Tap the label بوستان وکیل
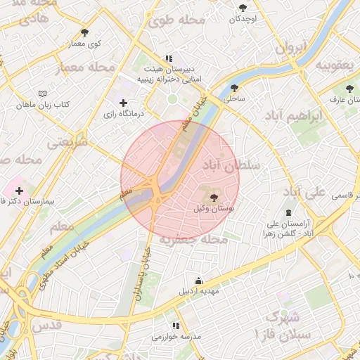coord(213,210)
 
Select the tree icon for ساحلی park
coord(234,88)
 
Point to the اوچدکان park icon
coord(243,8)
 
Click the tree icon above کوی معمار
coord(85,32)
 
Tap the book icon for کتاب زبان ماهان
coord(42,94)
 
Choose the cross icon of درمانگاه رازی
coord(124,103)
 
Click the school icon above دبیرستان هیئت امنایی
coord(169,58)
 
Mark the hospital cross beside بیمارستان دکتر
coord(19,190)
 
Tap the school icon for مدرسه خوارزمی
coord(175,326)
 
